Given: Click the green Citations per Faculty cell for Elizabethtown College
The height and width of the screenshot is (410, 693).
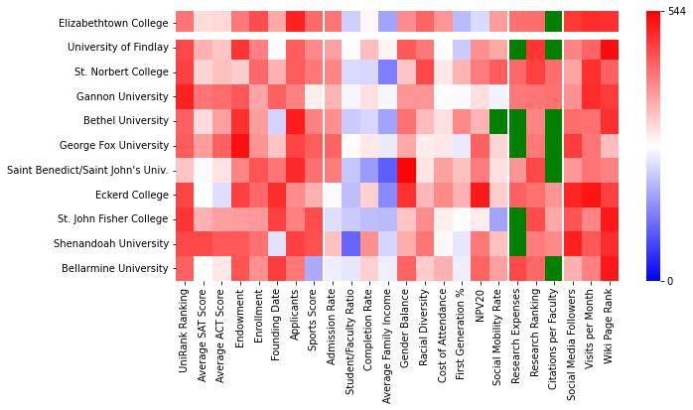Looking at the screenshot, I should (553, 23).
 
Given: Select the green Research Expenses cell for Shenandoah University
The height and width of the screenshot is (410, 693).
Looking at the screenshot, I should (517, 243).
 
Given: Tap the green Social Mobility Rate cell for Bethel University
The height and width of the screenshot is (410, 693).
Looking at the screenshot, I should (498, 121).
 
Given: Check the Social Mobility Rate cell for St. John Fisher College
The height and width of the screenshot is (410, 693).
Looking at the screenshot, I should (498, 219).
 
